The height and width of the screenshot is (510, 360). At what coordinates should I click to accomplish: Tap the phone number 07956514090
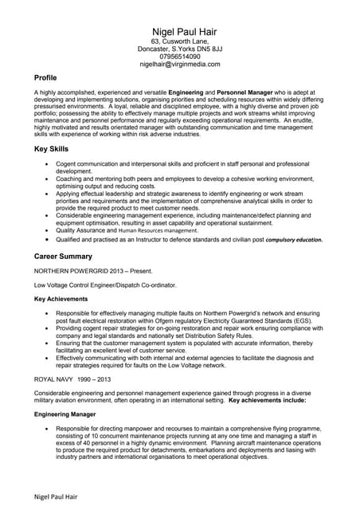[x=179, y=57]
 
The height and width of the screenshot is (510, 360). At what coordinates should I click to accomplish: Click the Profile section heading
[x=45, y=78]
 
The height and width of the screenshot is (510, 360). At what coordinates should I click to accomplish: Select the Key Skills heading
[x=51, y=149]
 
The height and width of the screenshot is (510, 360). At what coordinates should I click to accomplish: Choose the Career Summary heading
[x=64, y=257]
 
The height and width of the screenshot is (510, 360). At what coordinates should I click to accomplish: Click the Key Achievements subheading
[x=61, y=299]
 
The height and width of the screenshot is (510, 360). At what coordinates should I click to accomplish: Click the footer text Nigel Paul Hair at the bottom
[x=56, y=497]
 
